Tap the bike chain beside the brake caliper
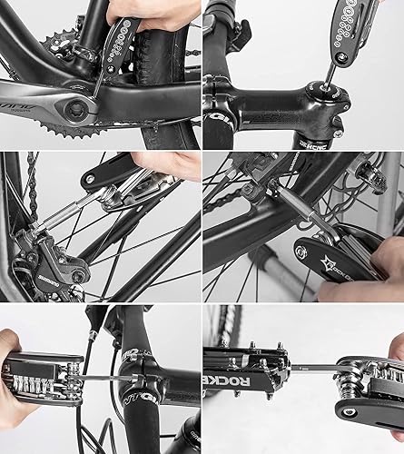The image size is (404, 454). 33,191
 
